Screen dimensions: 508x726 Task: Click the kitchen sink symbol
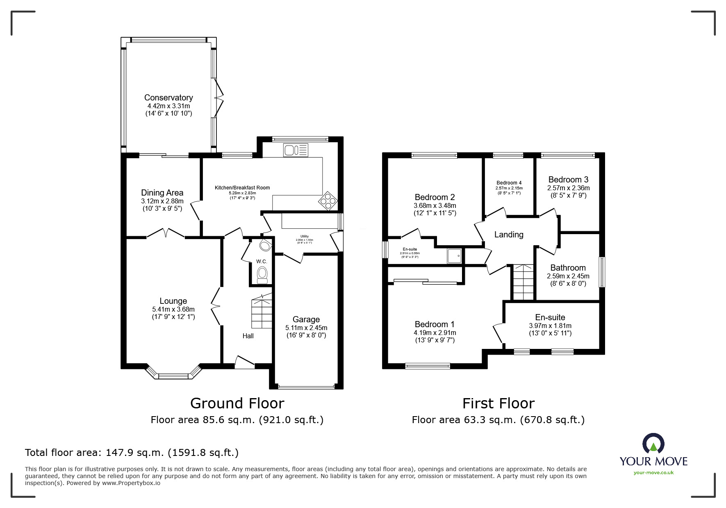295,150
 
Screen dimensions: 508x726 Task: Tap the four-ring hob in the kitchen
329,201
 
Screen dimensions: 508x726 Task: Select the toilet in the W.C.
262,274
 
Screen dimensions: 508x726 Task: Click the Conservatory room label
168,98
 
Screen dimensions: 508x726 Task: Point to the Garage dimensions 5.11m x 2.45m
306,328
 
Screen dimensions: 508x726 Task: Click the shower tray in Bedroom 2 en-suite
454,256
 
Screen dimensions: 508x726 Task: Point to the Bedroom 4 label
509,183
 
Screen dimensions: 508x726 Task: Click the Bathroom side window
602,272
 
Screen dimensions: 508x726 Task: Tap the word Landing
509,235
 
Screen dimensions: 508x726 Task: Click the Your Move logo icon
653,444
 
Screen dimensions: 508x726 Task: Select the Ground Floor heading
237,403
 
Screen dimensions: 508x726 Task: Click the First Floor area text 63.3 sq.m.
498,420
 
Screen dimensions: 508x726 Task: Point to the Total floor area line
132,453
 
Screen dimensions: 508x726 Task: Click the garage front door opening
306,387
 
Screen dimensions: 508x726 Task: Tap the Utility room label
304,237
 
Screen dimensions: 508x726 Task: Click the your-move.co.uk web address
653,473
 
